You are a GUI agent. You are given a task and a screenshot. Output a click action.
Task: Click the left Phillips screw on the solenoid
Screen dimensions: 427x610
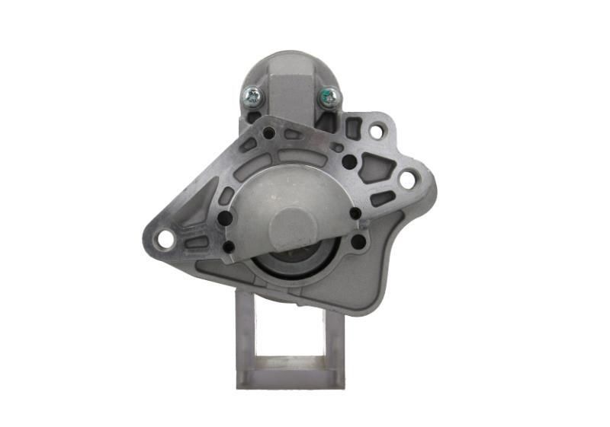(252, 97)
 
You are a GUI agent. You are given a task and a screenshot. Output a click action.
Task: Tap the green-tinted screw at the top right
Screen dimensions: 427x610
(329, 97)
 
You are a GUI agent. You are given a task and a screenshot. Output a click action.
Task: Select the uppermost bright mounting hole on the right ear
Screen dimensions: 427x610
(377, 131)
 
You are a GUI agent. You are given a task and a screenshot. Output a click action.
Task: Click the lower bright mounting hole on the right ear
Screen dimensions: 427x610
(408, 180)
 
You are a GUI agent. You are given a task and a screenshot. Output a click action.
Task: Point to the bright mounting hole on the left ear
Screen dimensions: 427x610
(164, 240)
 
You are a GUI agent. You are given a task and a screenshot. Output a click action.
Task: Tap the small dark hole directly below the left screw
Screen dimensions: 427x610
(268, 133)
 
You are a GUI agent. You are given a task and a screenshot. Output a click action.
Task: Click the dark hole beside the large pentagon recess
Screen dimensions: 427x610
(348, 161)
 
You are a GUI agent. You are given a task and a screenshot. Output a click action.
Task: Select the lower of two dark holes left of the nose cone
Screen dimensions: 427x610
(229, 247)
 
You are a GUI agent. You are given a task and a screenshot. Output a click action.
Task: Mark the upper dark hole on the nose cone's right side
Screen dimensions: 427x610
(355, 214)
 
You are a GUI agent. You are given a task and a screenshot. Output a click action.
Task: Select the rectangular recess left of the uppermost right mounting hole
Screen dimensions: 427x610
(353, 128)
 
